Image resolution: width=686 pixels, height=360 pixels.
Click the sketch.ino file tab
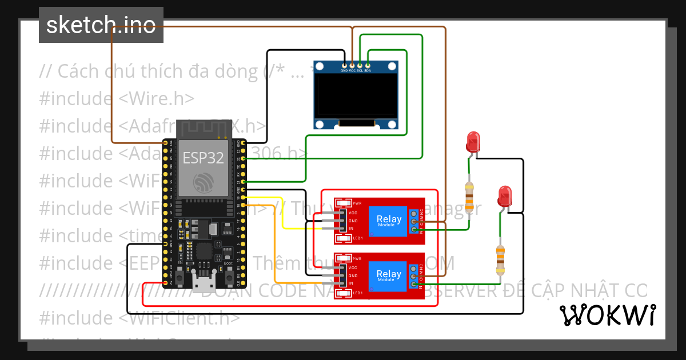pyautogui.click(x=101, y=25)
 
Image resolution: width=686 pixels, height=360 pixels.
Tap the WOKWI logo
pyautogui.click(x=607, y=315)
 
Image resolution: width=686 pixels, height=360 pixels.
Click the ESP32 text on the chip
pyautogui.click(x=203, y=158)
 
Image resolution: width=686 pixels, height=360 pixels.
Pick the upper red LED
pyautogui.click(x=473, y=141)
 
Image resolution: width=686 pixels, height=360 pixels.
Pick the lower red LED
pyautogui.click(x=504, y=195)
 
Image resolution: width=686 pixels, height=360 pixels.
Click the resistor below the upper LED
pyautogui.click(x=469, y=197)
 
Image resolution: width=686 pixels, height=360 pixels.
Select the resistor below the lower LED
pyautogui.click(x=500, y=259)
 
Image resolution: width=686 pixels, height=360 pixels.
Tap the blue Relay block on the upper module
pyautogui.click(x=388, y=220)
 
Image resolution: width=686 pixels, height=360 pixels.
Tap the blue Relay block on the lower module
pyautogui.click(x=388, y=275)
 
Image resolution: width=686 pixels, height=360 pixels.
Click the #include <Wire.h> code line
pyautogui.click(x=117, y=98)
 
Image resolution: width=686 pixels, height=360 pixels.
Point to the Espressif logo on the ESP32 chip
pyautogui.click(x=203, y=182)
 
